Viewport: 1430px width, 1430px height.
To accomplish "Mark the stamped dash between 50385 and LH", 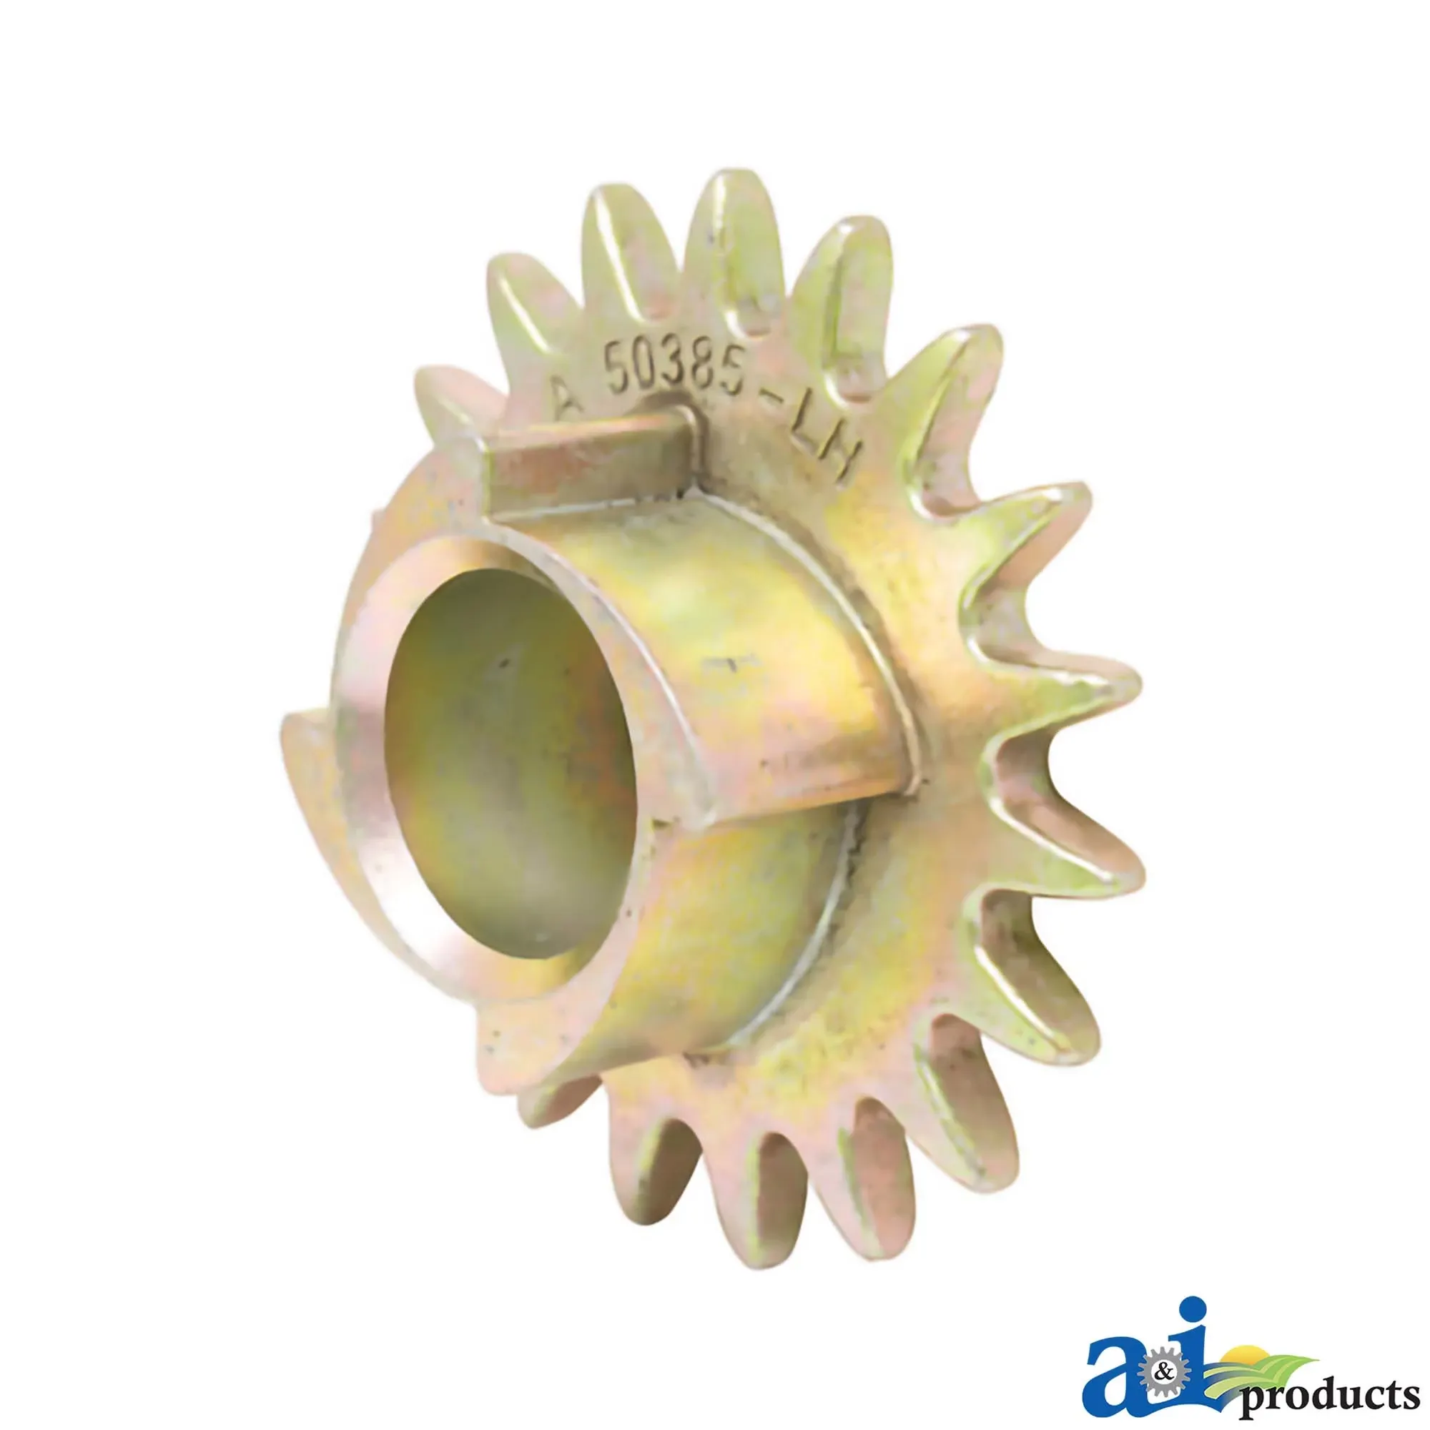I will pyautogui.click(x=774, y=400).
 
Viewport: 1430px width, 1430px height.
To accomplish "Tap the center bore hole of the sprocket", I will pyautogui.click(x=511, y=762).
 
